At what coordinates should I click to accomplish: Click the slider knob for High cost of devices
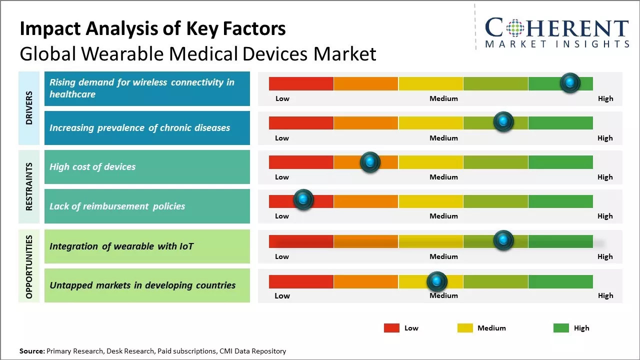pos(370,162)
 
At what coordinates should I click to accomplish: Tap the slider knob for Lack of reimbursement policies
pos(303,199)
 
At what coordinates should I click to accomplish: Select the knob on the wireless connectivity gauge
pos(570,82)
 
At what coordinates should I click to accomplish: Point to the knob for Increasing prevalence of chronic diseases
pos(503,121)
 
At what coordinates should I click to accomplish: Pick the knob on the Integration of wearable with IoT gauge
pos(503,240)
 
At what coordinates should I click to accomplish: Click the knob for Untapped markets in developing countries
pos(437,281)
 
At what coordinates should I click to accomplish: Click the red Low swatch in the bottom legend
pos(391,328)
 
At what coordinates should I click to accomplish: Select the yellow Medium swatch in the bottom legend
pos(465,328)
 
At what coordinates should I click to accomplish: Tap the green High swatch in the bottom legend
pos(561,328)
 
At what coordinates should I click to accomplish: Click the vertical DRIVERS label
pos(29,107)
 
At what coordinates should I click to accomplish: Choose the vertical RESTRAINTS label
pos(29,186)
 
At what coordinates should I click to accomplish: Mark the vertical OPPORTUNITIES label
pos(29,266)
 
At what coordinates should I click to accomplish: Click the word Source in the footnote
pos(31,351)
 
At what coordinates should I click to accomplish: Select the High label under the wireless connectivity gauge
pos(605,98)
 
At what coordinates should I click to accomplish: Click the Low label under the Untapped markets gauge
pos(282,295)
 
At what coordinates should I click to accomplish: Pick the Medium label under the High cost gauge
pos(443,177)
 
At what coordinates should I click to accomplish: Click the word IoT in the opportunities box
pos(186,246)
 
